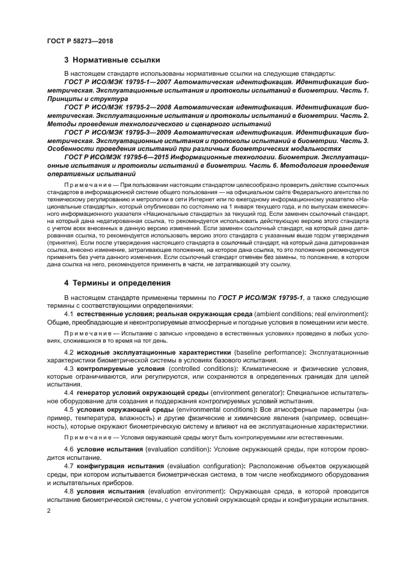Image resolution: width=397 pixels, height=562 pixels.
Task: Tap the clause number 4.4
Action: (68, 392)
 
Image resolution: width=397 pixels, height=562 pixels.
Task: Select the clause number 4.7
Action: (68, 466)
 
